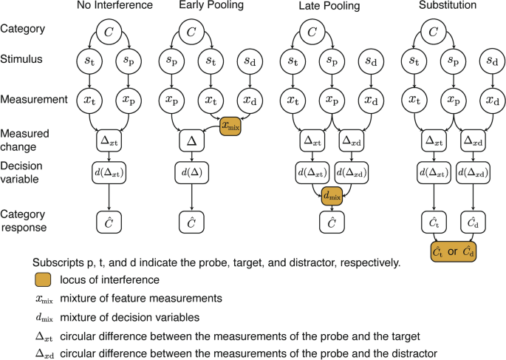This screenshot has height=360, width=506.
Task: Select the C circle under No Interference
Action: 109,31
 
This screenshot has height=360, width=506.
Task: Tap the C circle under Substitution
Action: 431,31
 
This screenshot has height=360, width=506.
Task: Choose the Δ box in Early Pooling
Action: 192,137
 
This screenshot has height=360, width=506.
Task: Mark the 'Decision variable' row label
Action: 27,172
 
